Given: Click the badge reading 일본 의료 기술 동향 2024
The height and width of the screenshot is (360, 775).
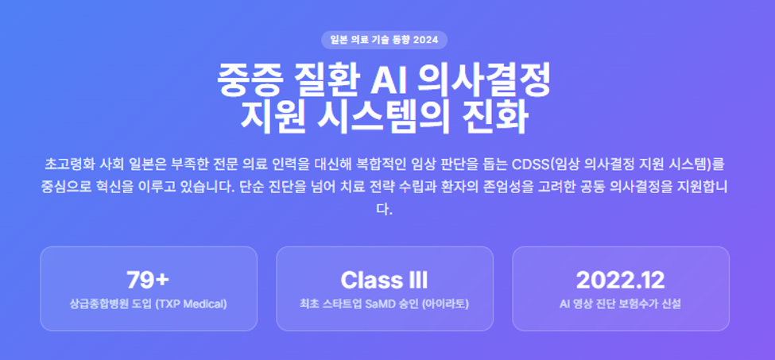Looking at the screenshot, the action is pyautogui.click(x=384, y=40).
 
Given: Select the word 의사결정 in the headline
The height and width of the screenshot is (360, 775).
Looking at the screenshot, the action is pyautogui.click(x=483, y=80).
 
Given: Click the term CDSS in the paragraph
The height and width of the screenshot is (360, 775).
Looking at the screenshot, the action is pyautogui.click(x=531, y=164).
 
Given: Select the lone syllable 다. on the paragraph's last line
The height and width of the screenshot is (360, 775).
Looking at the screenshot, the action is pyautogui.click(x=384, y=209).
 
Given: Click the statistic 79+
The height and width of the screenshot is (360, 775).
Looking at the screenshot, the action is pyautogui.click(x=149, y=281).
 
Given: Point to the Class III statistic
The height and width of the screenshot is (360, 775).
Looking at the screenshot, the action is pyautogui.click(x=384, y=281).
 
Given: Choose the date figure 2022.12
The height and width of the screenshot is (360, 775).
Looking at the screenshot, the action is pyautogui.click(x=621, y=281).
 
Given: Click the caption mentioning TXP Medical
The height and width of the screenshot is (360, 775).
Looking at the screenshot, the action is pyautogui.click(x=149, y=304).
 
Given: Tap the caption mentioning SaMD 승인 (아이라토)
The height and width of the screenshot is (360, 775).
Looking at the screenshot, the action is pyautogui.click(x=384, y=304).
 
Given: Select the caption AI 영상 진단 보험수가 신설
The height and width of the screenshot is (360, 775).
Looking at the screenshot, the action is pyautogui.click(x=621, y=304).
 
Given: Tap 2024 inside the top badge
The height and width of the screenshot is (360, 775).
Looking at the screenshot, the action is pyautogui.click(x=425, y=40).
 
